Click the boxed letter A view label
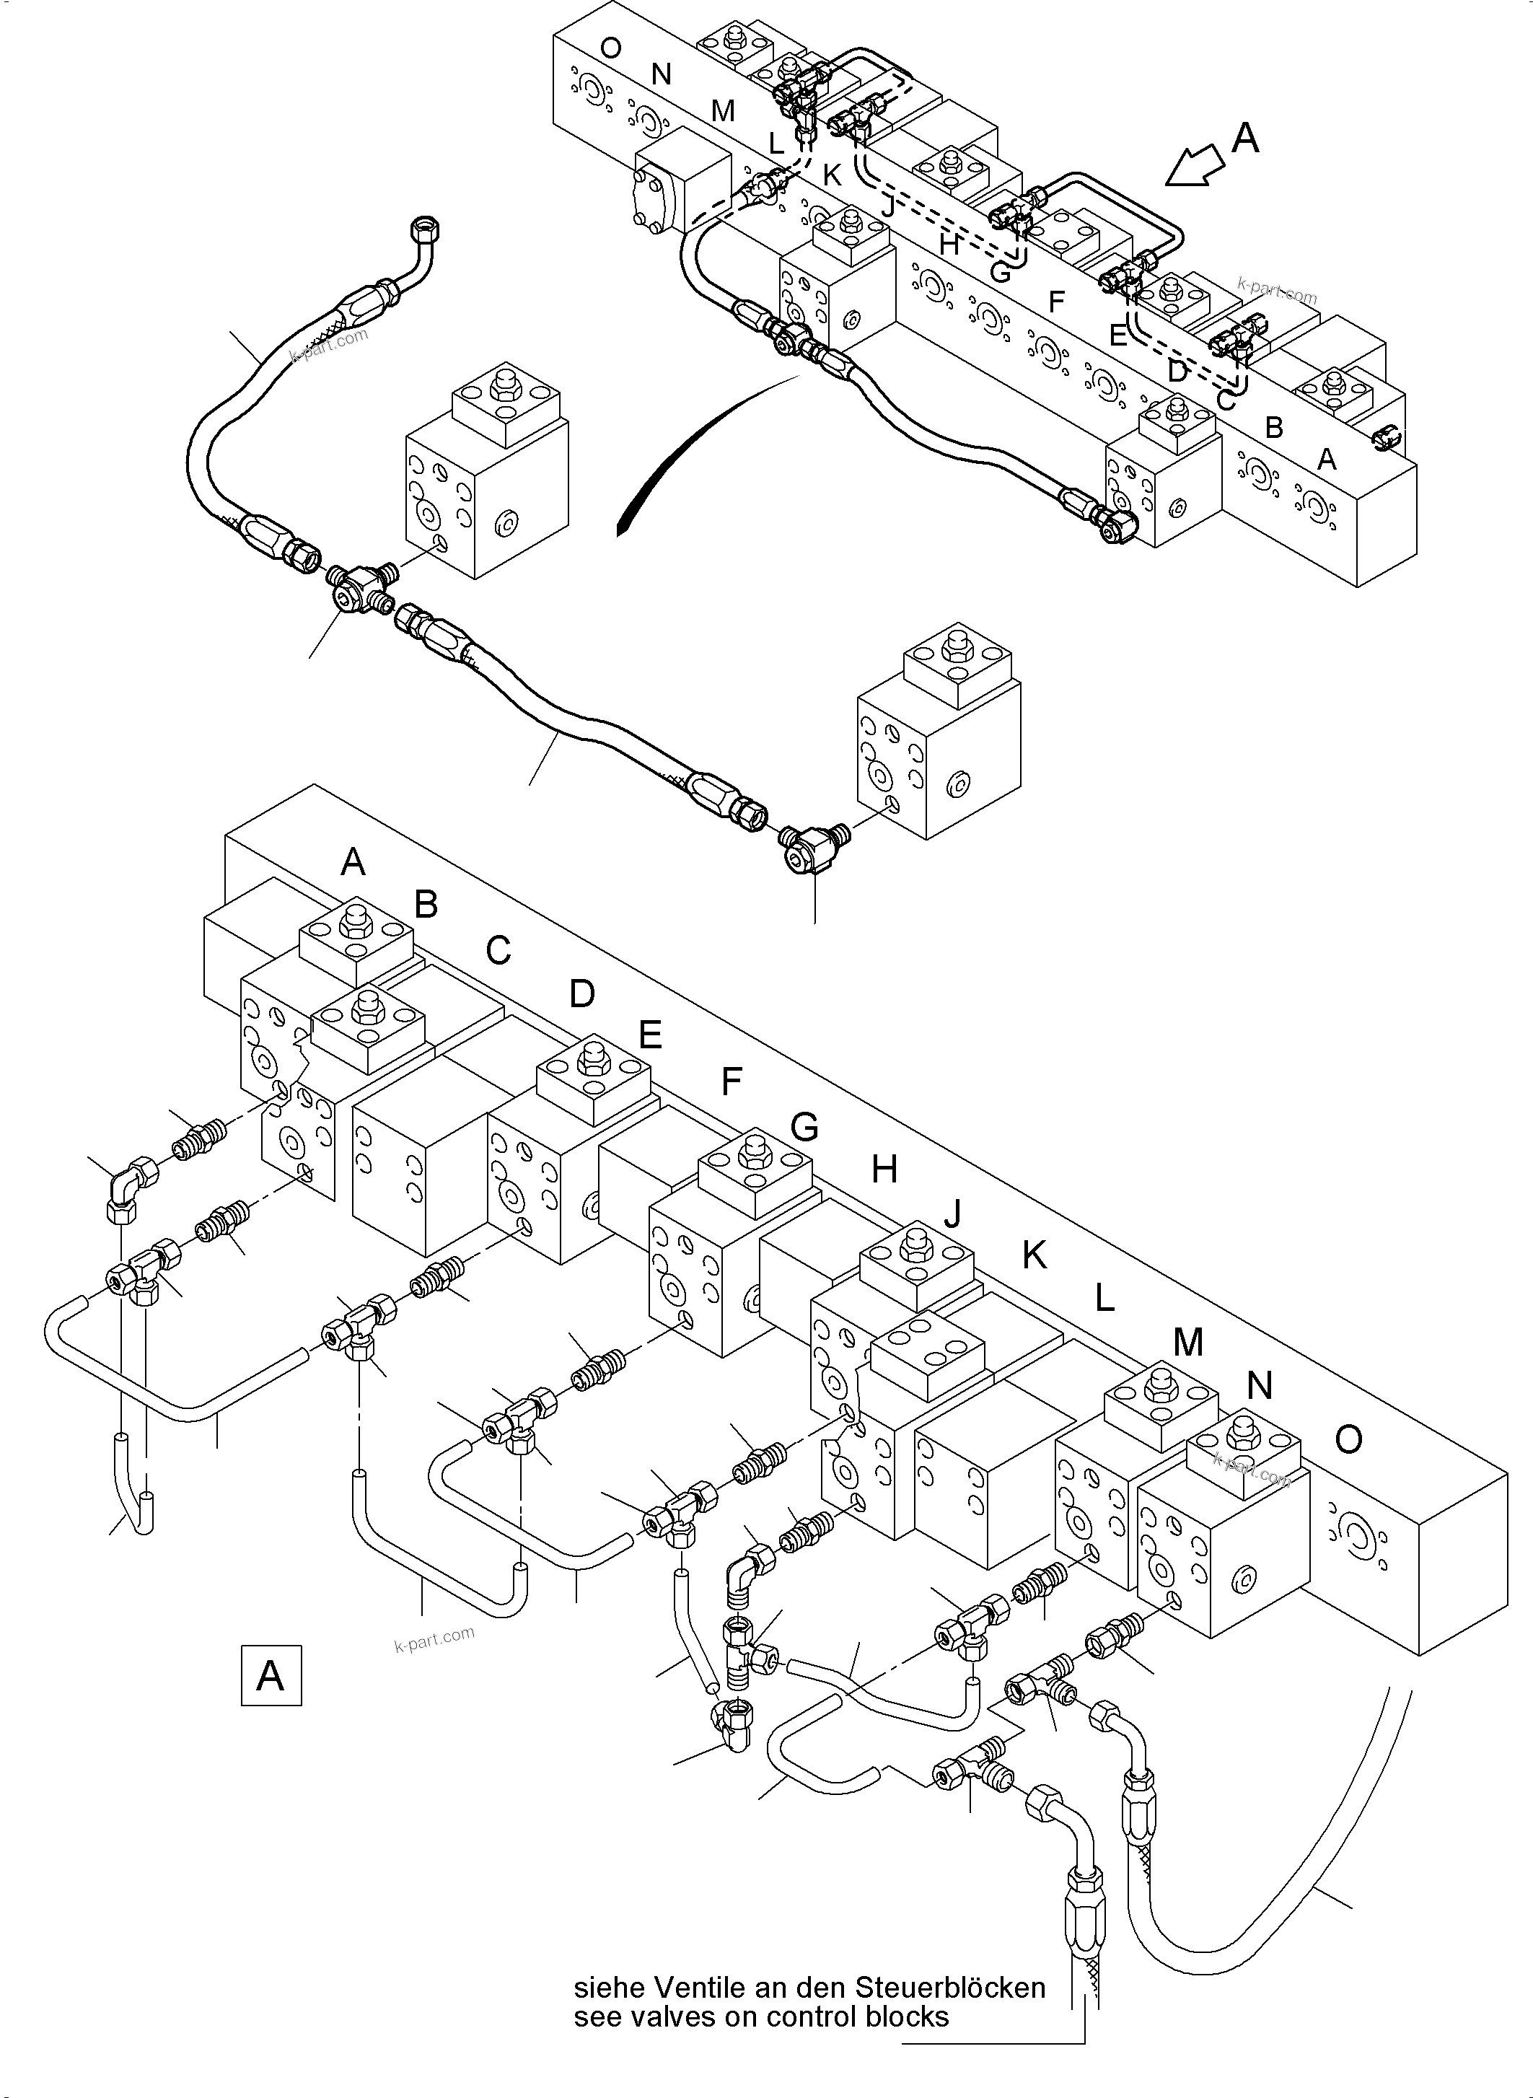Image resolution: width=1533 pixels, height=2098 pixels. click(x=271, y=1676)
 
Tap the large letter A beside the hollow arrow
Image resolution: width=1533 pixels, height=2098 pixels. click(x=1245, y=139)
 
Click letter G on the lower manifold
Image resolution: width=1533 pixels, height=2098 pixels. click(x=804, y=1126)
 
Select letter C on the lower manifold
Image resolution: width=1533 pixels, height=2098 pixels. click(x=498, y=949)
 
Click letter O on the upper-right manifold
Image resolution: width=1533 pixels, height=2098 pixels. click(x=610, y=48)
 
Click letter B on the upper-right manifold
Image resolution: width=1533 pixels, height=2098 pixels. click(x=1274, y=427)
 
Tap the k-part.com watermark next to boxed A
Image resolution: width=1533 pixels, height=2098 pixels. click(x=434, y=1640)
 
